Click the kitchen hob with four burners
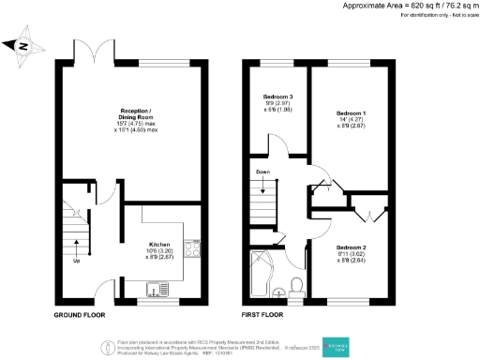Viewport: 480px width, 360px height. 192,249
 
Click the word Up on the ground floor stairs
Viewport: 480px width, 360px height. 76,262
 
